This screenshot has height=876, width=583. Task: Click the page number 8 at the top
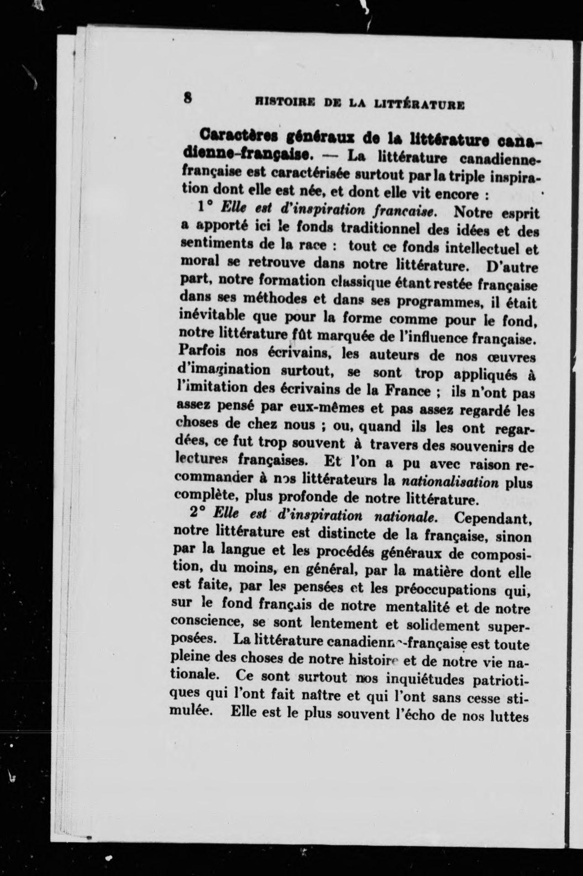(187, 98)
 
